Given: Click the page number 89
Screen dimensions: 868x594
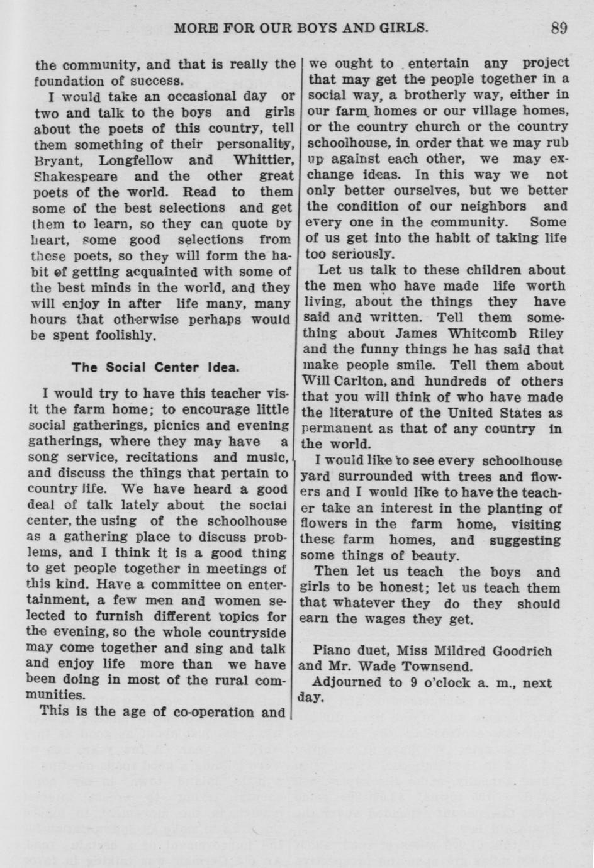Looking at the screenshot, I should point(558,28).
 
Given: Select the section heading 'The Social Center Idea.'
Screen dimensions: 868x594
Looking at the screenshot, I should point(155,367).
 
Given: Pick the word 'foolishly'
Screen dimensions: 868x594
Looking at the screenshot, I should point(123,335).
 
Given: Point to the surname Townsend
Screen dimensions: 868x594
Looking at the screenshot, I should point(442,667).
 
